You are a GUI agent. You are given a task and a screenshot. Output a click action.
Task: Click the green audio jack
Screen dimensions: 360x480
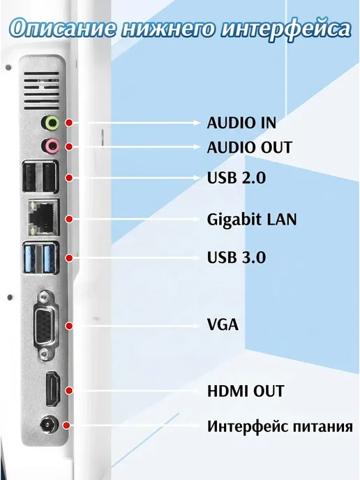[x=50, y=123]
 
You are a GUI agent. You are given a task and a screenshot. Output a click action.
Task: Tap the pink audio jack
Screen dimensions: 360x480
[x=50, y=146]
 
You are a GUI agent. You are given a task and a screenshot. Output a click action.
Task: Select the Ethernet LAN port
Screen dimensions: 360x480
[x=44, y=218]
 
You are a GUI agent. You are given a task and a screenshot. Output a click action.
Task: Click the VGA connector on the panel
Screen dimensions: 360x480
[x=45, y=325]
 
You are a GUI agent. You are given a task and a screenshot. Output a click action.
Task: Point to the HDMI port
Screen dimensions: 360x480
[x=53, y=389]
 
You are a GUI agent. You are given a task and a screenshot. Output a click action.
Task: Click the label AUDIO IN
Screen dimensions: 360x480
[x=241, y=123]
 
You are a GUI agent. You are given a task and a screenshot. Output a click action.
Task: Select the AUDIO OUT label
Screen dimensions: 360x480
[x=250, y=147]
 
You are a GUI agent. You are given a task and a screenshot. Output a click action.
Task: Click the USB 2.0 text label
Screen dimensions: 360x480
[x=237, y=177]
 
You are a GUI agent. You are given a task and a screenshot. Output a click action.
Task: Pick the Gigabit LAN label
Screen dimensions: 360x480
[x=252, y=220]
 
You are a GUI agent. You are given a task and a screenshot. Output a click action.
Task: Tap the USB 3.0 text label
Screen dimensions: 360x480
[x=237, y=257]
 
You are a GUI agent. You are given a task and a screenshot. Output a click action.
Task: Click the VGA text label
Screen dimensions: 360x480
[x=223, y=324]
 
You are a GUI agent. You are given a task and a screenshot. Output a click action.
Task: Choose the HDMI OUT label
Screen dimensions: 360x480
[x=246, y=391]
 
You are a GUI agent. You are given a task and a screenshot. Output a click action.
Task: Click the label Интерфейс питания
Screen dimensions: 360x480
[x=280, y=426]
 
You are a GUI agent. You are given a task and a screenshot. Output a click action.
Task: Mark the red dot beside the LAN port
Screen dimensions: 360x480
[x=69, y=219]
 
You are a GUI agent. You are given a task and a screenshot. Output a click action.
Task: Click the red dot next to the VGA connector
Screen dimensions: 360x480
[x=69, y=326]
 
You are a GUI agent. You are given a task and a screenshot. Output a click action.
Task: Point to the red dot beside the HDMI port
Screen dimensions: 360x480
[x=69, y=390]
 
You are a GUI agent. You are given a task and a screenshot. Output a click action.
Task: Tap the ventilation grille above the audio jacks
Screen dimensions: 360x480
[x=41, y=91]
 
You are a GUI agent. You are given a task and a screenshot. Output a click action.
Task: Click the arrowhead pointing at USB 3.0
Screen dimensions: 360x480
[x=197, y=257]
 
